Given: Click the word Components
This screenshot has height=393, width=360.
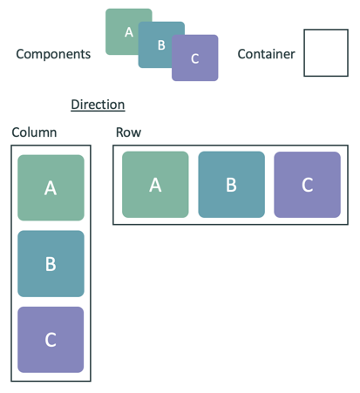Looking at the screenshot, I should [x=53, y=54].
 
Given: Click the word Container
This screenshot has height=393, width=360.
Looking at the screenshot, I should [x=266, y=54].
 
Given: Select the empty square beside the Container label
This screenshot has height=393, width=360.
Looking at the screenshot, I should [x=325, y=53].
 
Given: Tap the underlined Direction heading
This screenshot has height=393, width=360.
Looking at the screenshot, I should [x=98, y=105].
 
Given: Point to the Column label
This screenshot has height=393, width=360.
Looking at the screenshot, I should [x=34, y=132].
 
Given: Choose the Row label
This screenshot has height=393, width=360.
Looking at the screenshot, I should [x=128, y=132].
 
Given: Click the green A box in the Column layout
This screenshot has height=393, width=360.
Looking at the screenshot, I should [x=51, y=187].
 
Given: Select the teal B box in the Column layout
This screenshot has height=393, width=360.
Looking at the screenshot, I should [x=51, y=263].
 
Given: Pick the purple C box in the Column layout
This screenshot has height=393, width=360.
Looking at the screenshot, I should [x=51, y=339].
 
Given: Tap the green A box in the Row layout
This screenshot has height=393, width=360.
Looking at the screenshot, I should [x=155, y=184].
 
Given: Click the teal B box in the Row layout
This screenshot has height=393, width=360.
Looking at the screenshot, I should [x=231, y=184].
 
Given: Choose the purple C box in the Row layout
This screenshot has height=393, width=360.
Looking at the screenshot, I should [x=307, y=184].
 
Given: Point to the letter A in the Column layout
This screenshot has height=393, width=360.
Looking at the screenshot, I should [x=51, y=187].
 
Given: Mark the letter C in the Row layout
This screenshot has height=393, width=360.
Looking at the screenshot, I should [x=307, y=184].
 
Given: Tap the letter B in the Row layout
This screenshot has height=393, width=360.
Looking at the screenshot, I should [x=231, y=184].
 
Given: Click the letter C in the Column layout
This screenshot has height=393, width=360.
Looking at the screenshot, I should [x=51, y=339].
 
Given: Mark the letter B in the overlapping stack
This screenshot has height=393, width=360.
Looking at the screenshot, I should [x=161, y=45].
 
